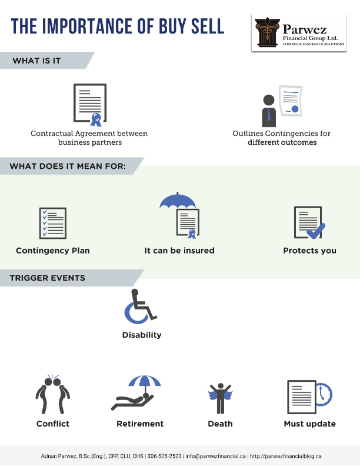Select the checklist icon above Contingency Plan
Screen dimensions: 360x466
coord(53,223)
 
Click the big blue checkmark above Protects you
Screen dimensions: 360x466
coord(316,231)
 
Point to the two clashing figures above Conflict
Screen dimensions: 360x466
coord(53,394)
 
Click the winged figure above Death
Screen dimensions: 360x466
coord(220,398)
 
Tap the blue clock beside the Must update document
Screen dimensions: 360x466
coord(324,394)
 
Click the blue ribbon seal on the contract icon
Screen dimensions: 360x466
coord(96,120)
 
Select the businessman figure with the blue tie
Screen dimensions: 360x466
coord(269,111)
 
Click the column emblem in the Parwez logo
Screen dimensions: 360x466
coord(267,32)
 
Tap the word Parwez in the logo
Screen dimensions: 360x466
coord(305,29)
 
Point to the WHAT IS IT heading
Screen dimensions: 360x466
coord(36,61)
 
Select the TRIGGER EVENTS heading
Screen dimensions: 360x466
coord(47,278)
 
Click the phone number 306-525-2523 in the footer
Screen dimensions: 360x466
coord(164,456)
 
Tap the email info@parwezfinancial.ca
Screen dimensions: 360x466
coord(216,456)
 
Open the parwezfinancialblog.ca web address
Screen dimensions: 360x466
coord(286,456)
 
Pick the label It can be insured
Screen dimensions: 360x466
coord(179,251)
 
